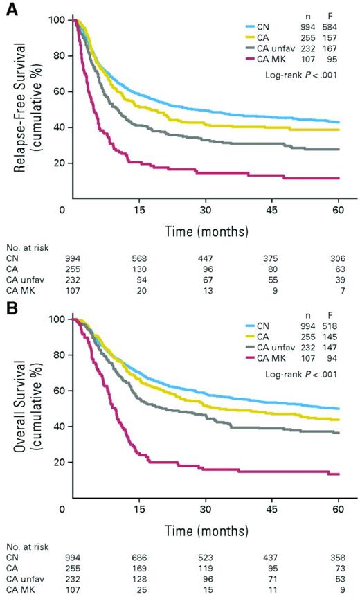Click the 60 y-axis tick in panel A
coord(52,91)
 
